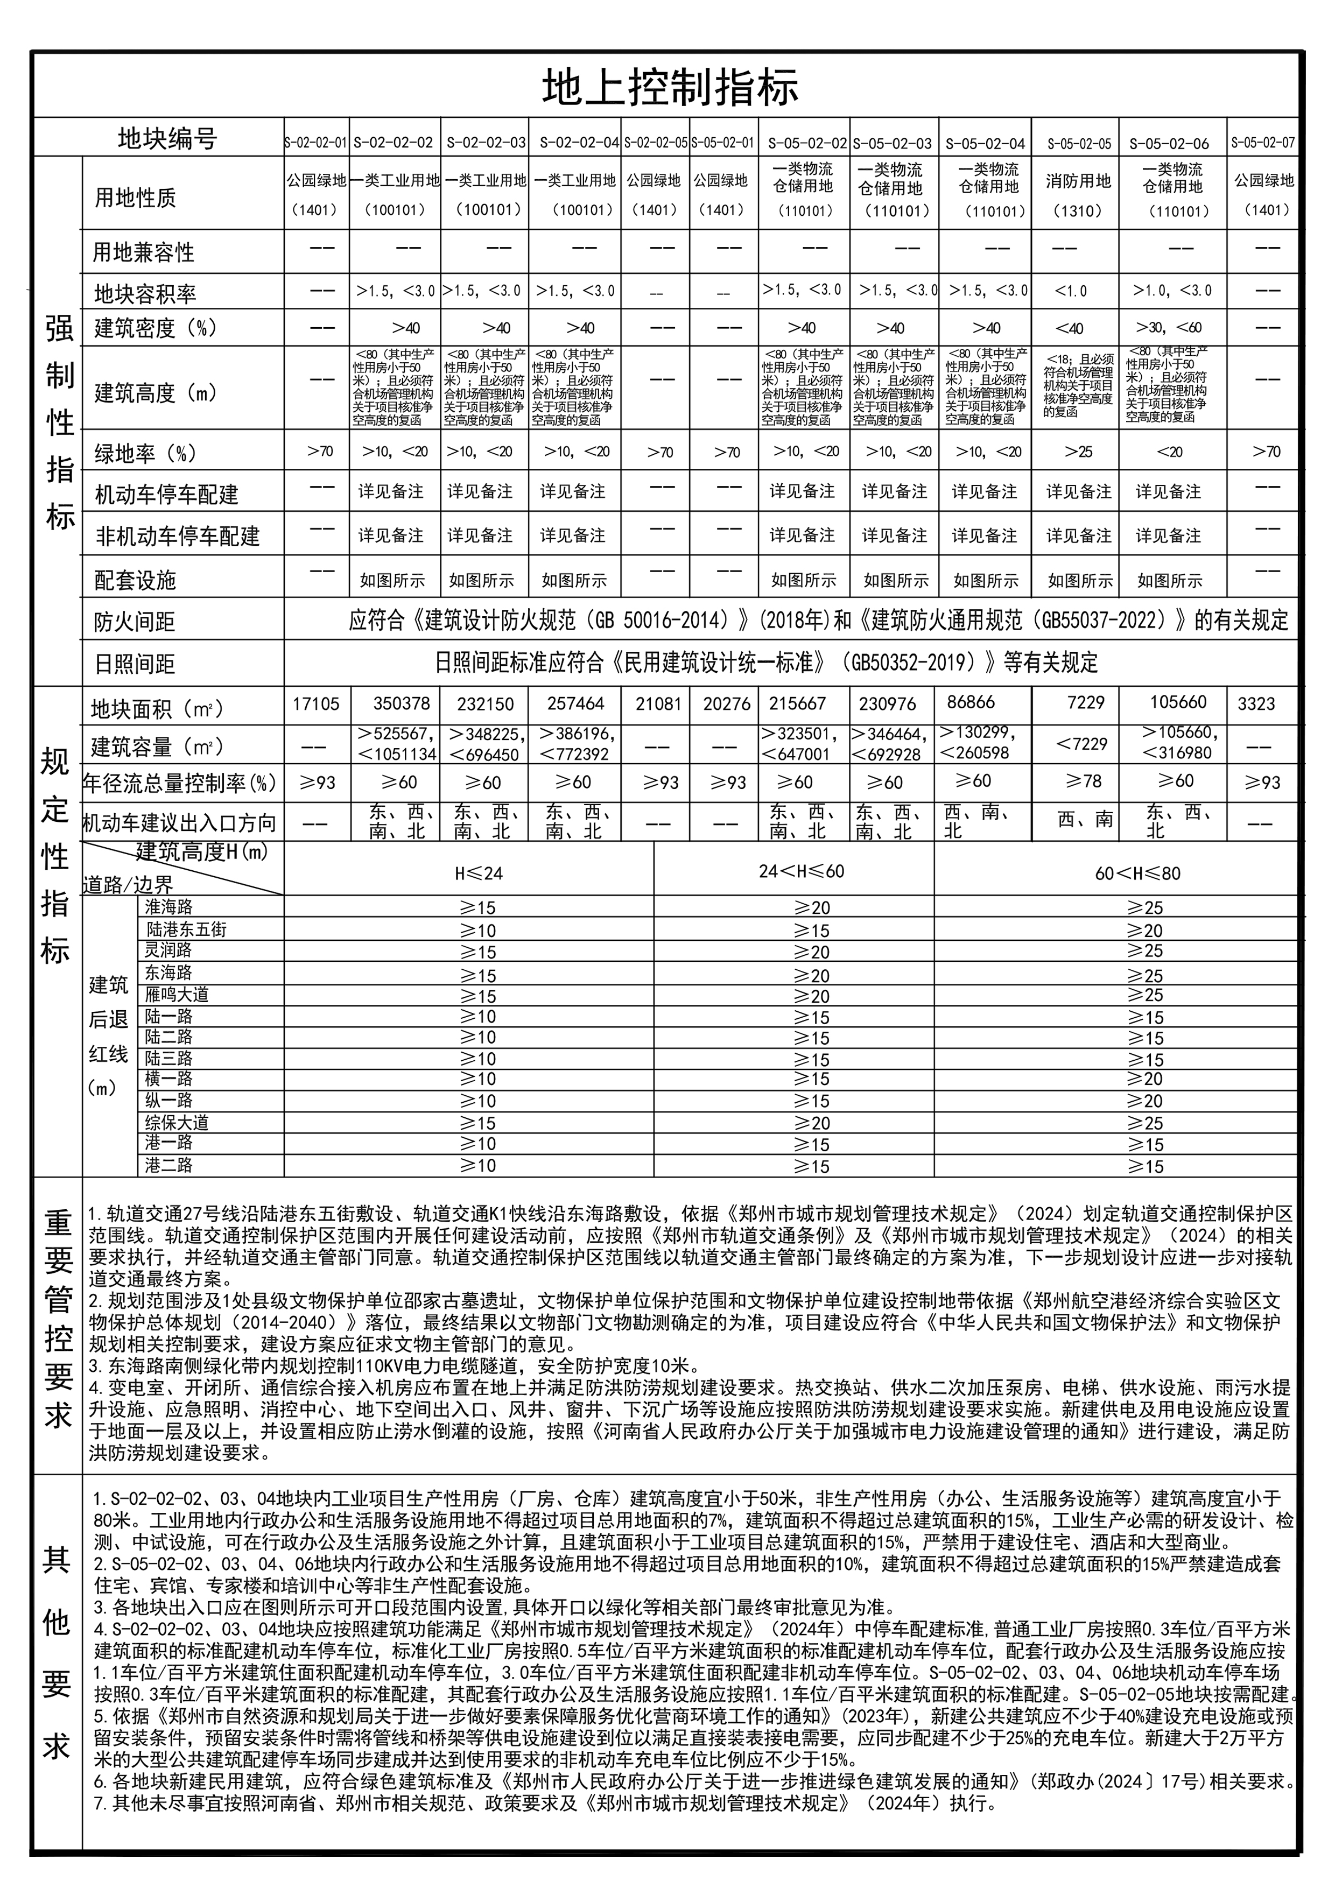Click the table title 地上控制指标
click(x=670, y=88)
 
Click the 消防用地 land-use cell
click(x=1078, y=181)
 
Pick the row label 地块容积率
click(x=145, y=293)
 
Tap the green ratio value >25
click(x=1078, y=452)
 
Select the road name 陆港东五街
click(x=186, y=930)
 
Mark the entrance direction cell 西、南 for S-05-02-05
click(x=1085, y=819)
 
